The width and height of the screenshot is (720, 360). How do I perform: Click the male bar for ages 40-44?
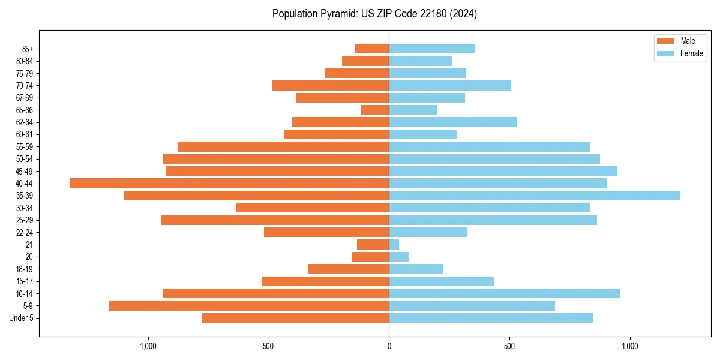(229, 184)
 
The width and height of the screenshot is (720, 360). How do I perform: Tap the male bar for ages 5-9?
(249, 306)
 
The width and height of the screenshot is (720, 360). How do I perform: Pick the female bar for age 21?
(394, 245)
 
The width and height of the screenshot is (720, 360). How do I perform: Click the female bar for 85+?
(432, 49)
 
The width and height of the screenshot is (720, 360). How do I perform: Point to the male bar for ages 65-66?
(375, 110)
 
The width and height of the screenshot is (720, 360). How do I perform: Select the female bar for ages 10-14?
(504, 293)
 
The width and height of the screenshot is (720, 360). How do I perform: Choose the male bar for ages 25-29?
(275, 220)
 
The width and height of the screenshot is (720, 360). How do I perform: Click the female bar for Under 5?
(491, 318)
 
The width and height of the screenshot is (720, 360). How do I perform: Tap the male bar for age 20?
(370, 257)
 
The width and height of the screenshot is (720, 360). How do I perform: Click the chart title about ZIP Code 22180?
(374, 14)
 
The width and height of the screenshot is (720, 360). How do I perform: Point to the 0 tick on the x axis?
(389, 346)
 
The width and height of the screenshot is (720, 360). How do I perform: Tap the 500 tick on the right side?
(509, 346)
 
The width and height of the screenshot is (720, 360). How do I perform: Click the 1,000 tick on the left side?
(148, 346)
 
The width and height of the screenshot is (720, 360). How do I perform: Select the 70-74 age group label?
(25, 86)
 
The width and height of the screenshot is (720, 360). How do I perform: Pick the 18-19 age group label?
(25, 269)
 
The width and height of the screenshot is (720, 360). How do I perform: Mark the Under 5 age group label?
(22, 318)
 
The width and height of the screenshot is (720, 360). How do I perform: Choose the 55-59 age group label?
(25, 147)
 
